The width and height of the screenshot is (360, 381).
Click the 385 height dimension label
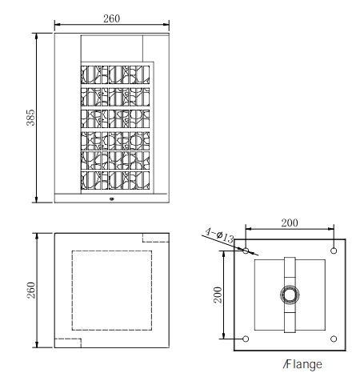[x=30, y=118]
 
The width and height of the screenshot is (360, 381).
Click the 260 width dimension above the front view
[x=112, y=18]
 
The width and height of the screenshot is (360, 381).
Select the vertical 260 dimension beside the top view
[x=31, y=290]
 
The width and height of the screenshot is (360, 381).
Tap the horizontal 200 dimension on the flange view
[x=290, y=223]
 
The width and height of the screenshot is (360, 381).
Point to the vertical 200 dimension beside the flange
[x=218, y=295]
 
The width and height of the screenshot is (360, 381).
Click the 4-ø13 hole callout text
[x=220, y=235]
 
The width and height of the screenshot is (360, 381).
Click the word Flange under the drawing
[x=302, y=364]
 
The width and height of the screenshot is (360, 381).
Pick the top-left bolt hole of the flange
[x=246, y=251]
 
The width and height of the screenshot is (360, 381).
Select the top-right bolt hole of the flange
[x=334, y=251]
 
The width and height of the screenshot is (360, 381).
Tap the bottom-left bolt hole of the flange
[x=246, y=339]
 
